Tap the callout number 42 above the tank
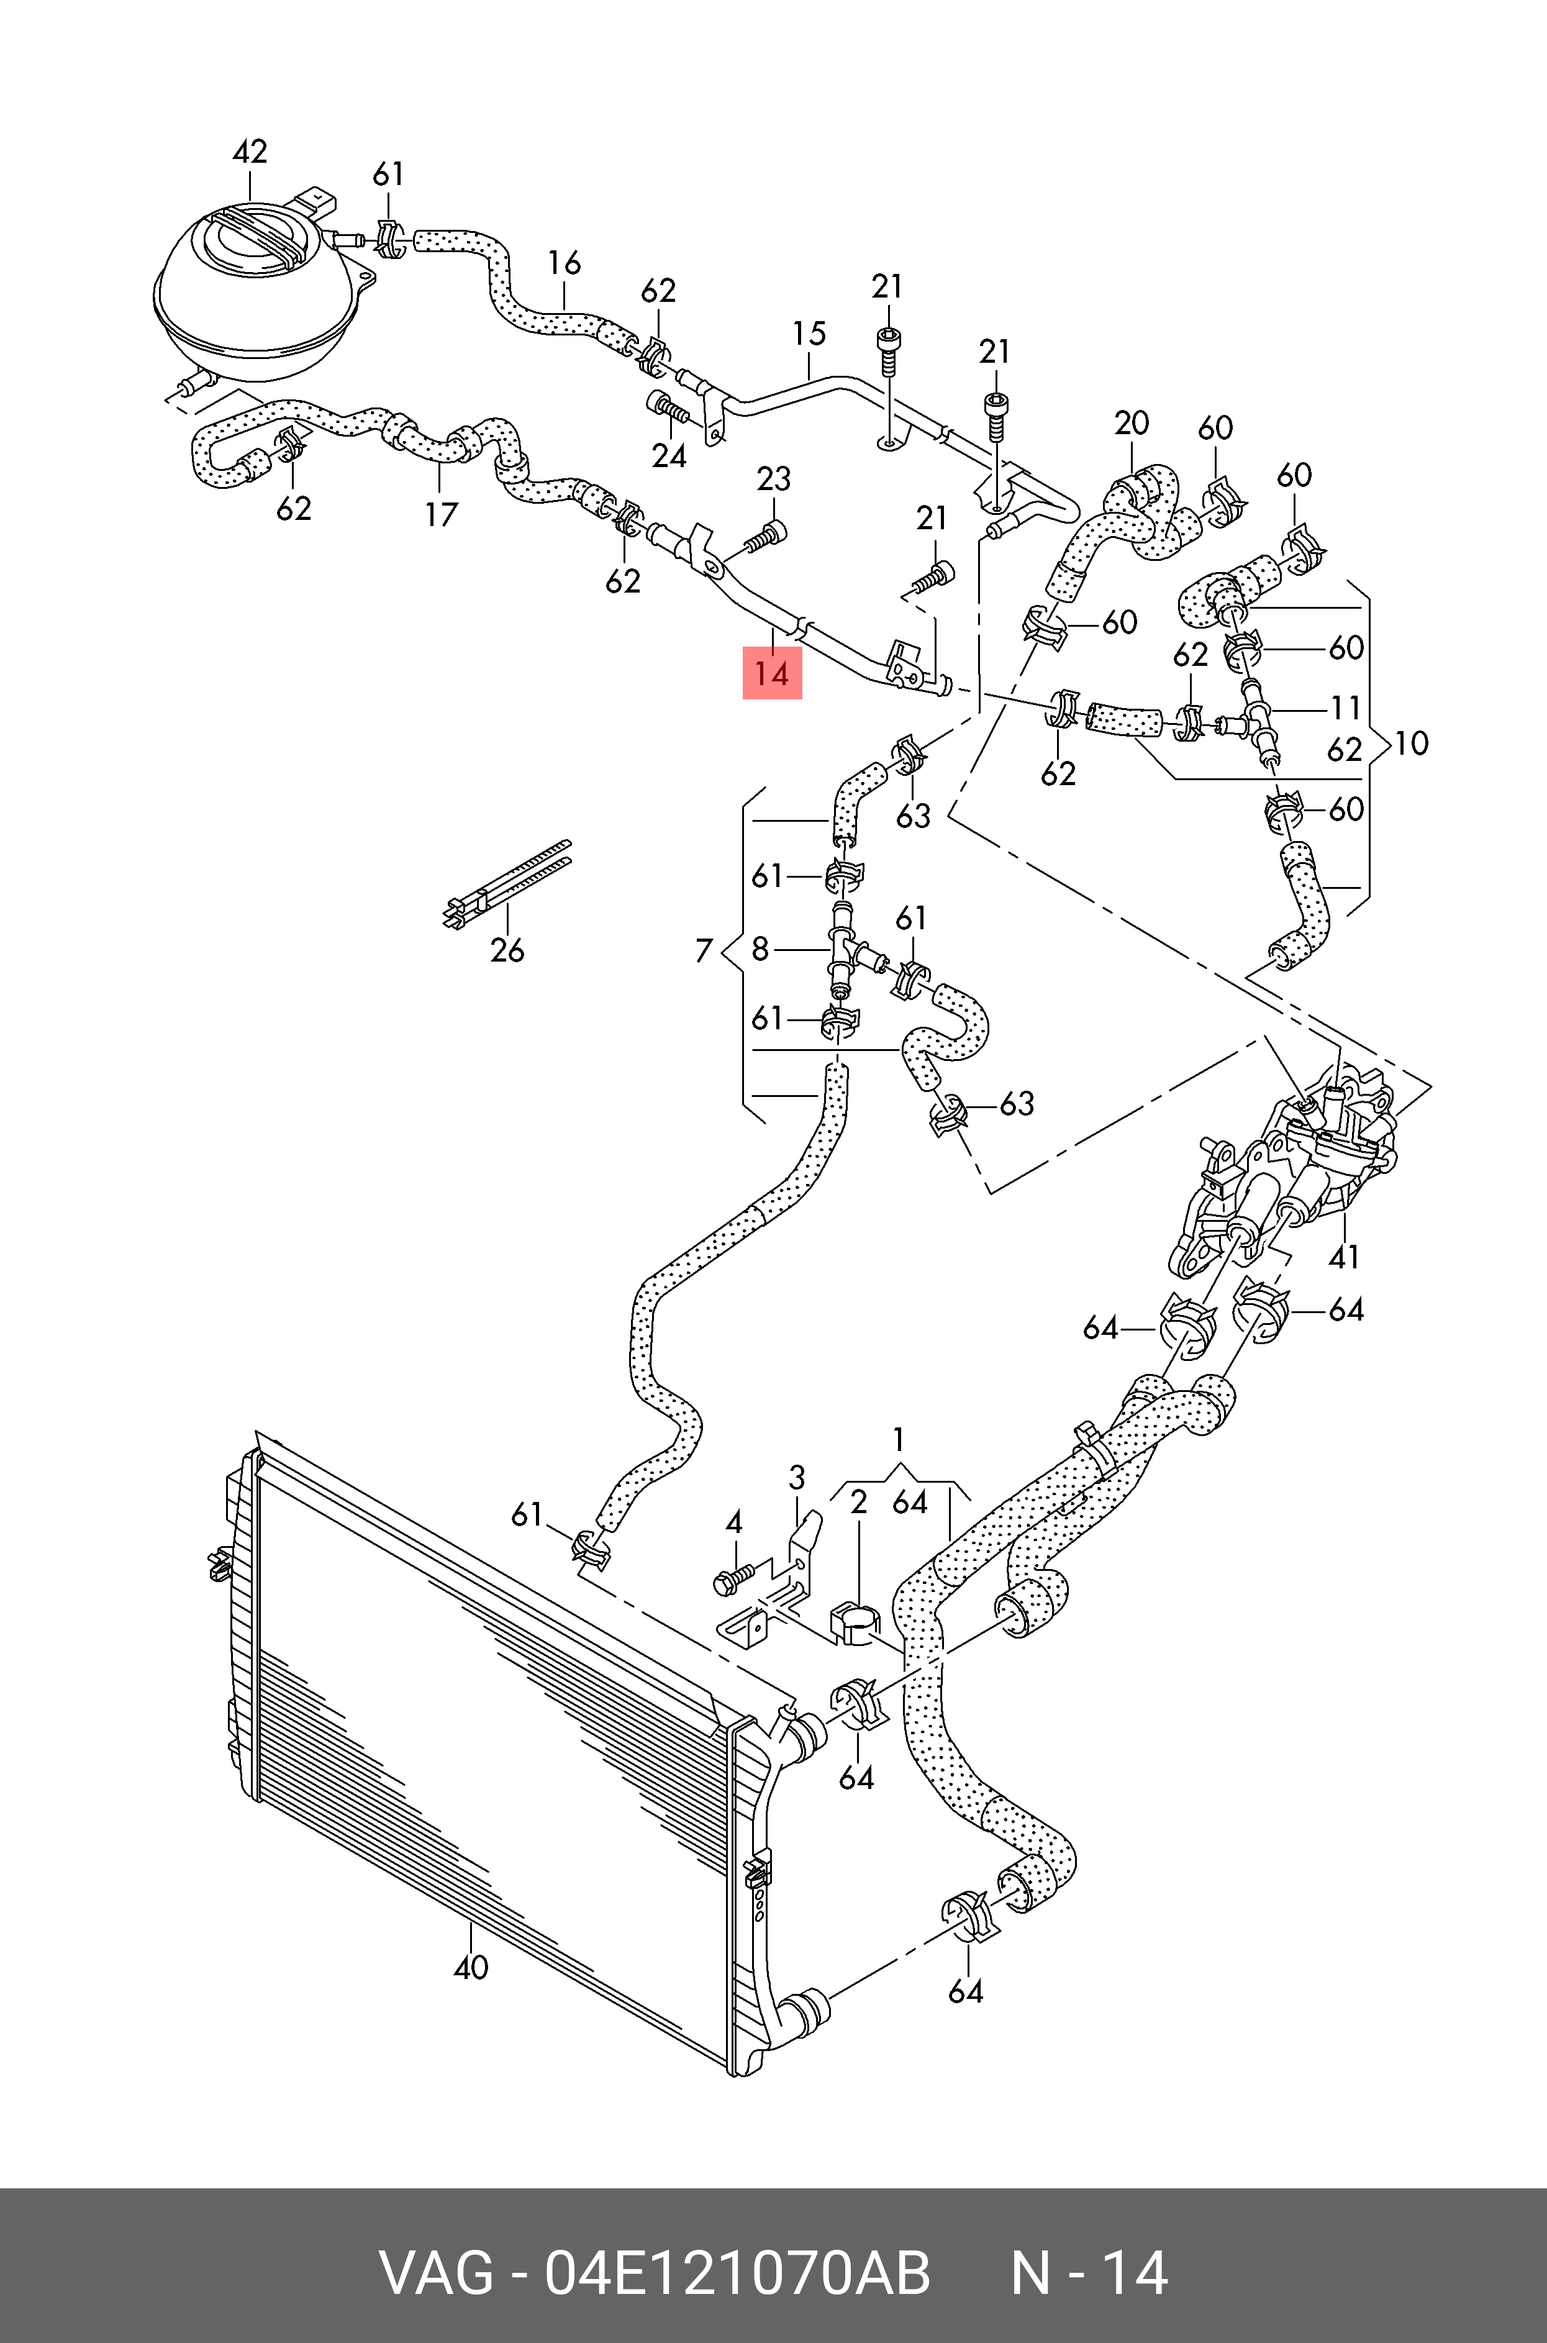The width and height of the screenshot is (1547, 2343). click(250, 152)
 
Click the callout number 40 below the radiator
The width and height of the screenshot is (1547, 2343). click(471, 1967)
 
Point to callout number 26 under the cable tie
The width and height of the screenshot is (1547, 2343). click(507, 950)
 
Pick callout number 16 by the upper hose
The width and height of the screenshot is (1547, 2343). click(565, 263)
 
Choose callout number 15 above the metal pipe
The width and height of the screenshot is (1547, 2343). click(809, 334)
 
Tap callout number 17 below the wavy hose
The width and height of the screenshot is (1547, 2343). click(441, 514)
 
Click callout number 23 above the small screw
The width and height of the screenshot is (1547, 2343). click(774, 480)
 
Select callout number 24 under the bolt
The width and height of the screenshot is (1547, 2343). click(669, 456)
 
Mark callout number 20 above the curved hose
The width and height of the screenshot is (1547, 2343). click(1131, 423)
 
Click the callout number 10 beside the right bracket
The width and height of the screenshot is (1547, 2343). click(1412, 743)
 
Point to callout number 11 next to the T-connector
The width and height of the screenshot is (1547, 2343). click(1346, 708)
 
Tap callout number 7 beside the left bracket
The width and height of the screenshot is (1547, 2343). click(704, 950)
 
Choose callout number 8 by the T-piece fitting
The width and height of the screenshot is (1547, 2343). click(760, 949)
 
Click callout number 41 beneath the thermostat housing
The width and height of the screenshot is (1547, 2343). click(1344, 1257)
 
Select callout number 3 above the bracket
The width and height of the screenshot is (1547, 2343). click(797, 1478)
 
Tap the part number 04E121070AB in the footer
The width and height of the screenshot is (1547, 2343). click(737, 2272)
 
